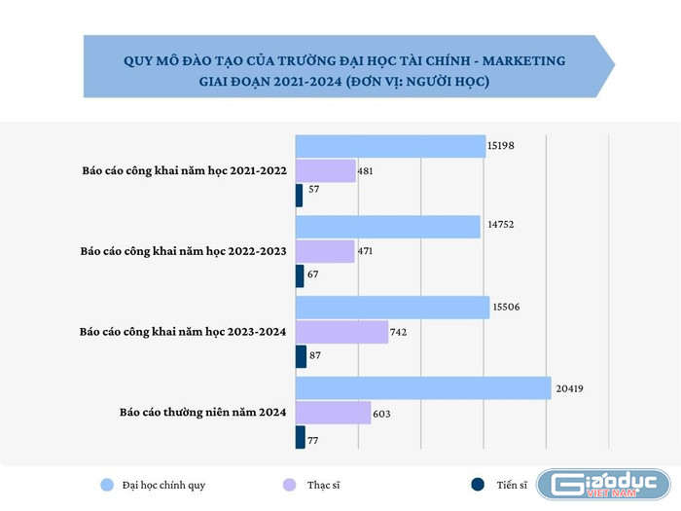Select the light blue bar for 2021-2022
click(x=389, y=147)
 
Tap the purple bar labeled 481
click(x=325, y=171)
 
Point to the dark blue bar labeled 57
click(x=299, y=195)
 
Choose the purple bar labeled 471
click(x=324, y=251)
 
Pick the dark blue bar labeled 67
click(x=299, y=275)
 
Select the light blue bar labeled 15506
click(x=391, y=308)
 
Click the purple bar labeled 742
click(x=340, y=332)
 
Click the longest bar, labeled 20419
click(x=422, y=388)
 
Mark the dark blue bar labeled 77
click(x=300, y=437)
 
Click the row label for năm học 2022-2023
click(x=182, y=251)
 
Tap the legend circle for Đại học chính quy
click(x=107, y=484)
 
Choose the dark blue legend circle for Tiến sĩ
click(x=477, y=484)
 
